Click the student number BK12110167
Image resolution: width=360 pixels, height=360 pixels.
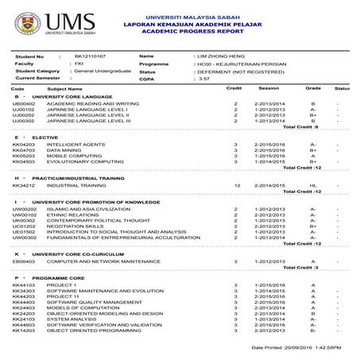tap(89, 56)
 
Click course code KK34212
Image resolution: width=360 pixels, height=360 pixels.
tap(25, 185)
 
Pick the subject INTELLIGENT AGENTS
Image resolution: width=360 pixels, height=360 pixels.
tap(75, 144)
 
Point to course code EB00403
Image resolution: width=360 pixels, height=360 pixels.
tap(25, 261)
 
